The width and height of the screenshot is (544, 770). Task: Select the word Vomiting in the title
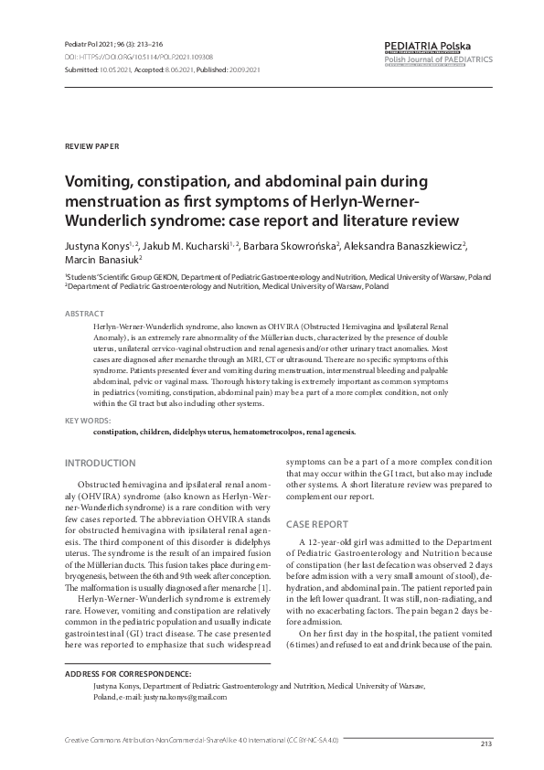coord(99,182)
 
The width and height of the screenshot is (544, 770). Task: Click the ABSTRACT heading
coord(84,314)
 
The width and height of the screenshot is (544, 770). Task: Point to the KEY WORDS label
coord(87,420)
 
